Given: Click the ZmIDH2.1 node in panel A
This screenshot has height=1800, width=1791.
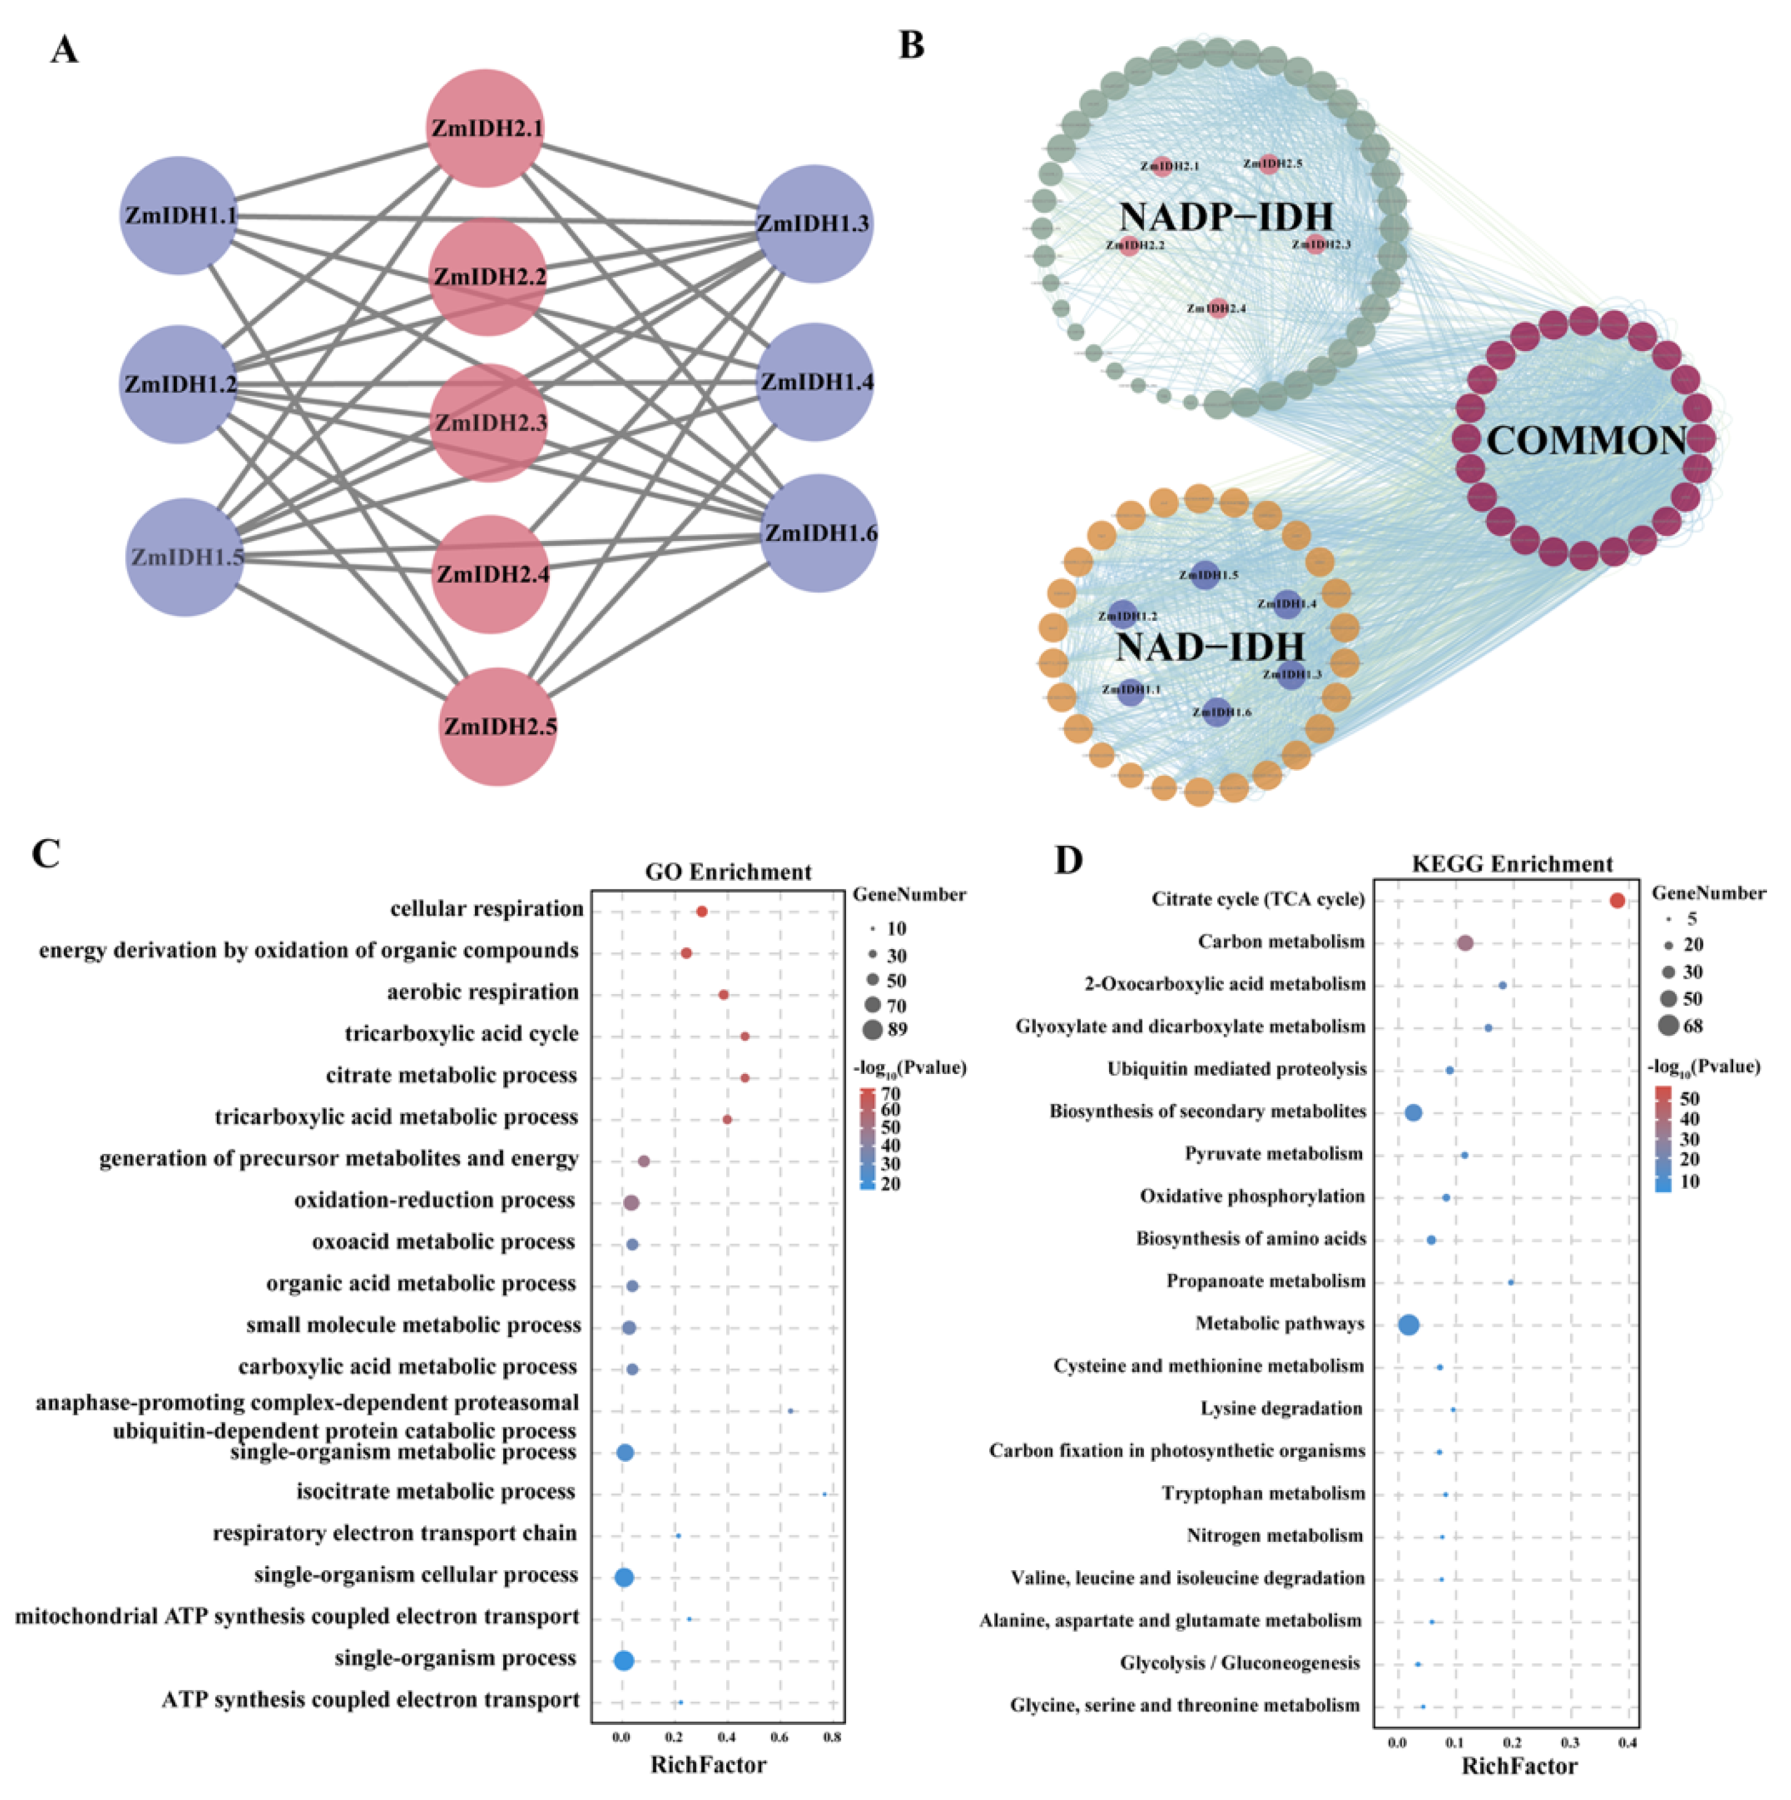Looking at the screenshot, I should click(485, 128).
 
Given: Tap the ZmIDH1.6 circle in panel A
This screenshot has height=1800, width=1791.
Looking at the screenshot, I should click(818, 533).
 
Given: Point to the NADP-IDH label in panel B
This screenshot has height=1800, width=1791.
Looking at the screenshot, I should click(1226, 217).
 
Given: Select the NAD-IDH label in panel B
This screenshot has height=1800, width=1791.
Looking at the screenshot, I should click(1210, 647).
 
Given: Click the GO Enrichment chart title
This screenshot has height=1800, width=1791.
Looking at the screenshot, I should click(728, 872).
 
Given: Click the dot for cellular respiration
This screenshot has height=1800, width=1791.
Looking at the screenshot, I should click(701, 911).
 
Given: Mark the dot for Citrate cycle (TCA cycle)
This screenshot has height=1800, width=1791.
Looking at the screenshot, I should click(1617, 900).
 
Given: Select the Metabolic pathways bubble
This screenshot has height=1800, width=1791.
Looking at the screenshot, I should click(1408, 1324).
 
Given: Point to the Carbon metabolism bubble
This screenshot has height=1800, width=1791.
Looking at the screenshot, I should click(1464, 943).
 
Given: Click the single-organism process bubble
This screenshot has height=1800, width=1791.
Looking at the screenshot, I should click(624, 1660).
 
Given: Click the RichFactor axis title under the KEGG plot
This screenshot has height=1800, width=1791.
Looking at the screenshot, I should click(1519, 1766).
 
